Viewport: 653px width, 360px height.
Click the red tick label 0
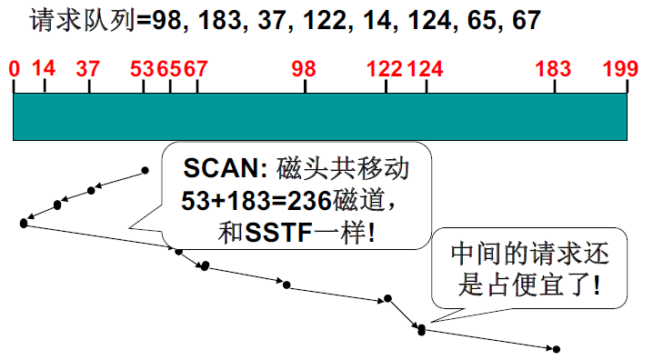coord(14,69)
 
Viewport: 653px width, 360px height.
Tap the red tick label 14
coord(44,69)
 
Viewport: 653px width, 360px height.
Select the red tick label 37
coord(88,69)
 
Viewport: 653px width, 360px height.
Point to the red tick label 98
coord(304,69)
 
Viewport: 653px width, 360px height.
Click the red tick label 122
coord(387,69)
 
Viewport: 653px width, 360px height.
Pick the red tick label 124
coord(425,69)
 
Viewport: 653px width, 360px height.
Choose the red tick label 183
coord(554,69)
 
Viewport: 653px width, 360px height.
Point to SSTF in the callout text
coord(274,233)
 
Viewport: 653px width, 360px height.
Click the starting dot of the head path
coord(145,169)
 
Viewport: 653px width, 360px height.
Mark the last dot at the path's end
coord(556,349)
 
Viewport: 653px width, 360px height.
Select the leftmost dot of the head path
coord(23,222)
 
